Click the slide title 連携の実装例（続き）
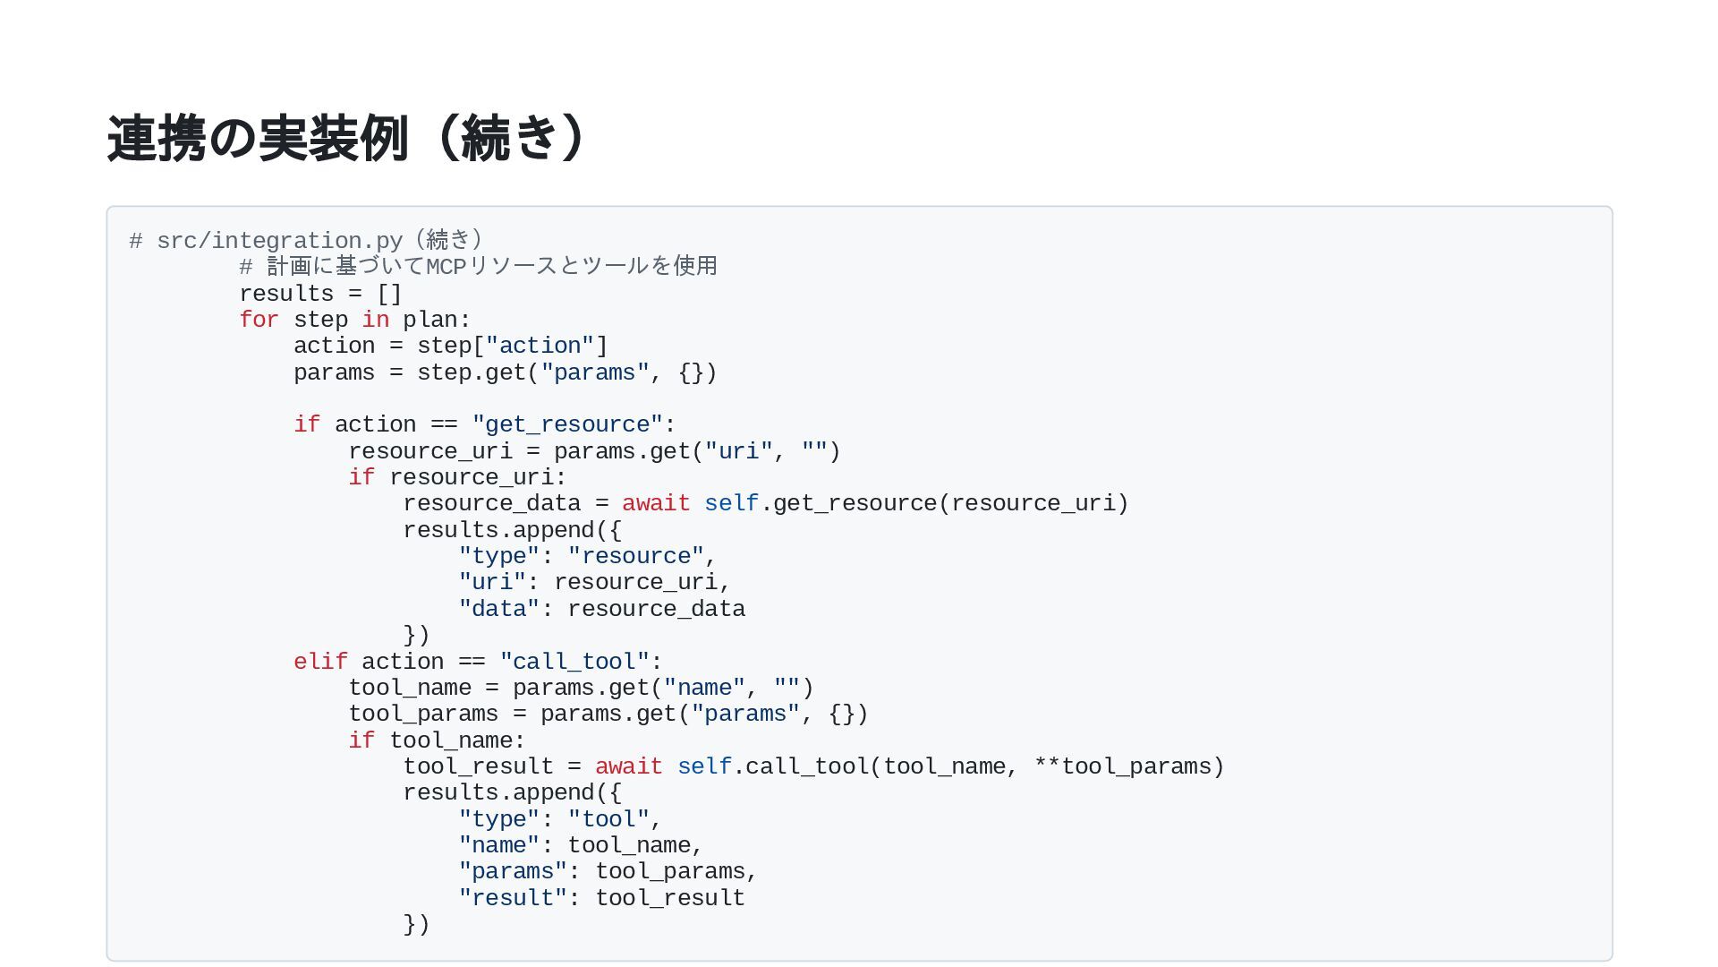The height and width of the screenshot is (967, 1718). [x=349, y=139]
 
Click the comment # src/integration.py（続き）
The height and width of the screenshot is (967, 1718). [x=306, y=241]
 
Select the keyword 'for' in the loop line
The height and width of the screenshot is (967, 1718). [x=259, y=320]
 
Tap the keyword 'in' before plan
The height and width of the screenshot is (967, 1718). [x=375, y=320]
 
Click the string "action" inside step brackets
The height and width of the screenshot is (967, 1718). [x=540, y=346]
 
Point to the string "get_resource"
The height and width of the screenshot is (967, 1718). [x=567, y=424]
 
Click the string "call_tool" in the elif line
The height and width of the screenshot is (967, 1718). [x=574, y=662]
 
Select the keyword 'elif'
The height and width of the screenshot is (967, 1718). [x=320, y=662]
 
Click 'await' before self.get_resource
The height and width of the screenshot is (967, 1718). [x=656, y=503]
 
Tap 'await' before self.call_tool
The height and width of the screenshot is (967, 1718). [x=628, y=766]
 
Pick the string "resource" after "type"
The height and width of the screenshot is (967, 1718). [x=635, y=556]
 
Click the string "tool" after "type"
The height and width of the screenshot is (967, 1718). [x=608, y=819]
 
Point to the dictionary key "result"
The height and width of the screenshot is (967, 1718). [x=513, y=898]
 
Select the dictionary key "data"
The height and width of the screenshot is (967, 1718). [x=499, y=609]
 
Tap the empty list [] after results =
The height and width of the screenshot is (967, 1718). [x=389, y=294]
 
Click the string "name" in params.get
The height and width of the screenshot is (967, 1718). [x=704, y=688]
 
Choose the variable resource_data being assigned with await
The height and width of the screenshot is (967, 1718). [x=491, y=503]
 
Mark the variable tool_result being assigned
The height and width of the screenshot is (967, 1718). [x=478, y=766]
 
